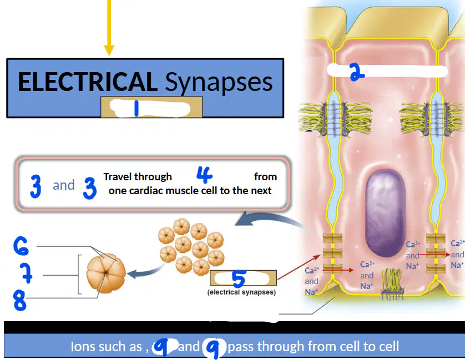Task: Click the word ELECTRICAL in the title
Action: (88, 82)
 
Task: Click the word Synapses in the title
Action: (219, 83)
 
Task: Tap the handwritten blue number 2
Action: (357, 72)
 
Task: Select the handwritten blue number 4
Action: (205, 174)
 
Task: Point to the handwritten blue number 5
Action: (239, 278)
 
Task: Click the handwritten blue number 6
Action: (21, 246)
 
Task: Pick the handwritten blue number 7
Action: (27, 273)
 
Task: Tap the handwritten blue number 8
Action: (19, 300)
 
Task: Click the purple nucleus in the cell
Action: (385, 212)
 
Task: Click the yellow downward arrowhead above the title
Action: (109, 50)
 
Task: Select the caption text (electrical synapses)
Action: (242, 292)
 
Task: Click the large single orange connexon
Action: (106, 273)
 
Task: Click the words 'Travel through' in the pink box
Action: (138, 177)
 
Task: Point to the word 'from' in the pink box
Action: (265, 177)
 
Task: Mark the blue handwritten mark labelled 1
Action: (137, 108)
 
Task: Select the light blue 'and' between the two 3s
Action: (64, 185)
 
